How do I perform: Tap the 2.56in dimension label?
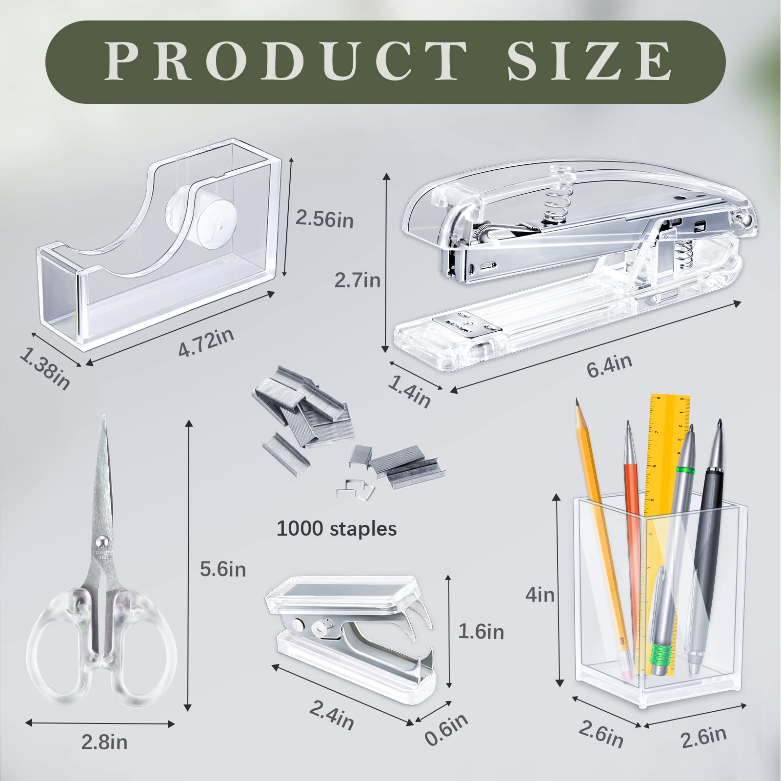[324, 220]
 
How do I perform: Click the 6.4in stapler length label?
[609, 365]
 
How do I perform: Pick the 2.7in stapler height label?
[357, 280]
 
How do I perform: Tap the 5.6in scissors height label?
[222, 569]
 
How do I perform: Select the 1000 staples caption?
[337, 528]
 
